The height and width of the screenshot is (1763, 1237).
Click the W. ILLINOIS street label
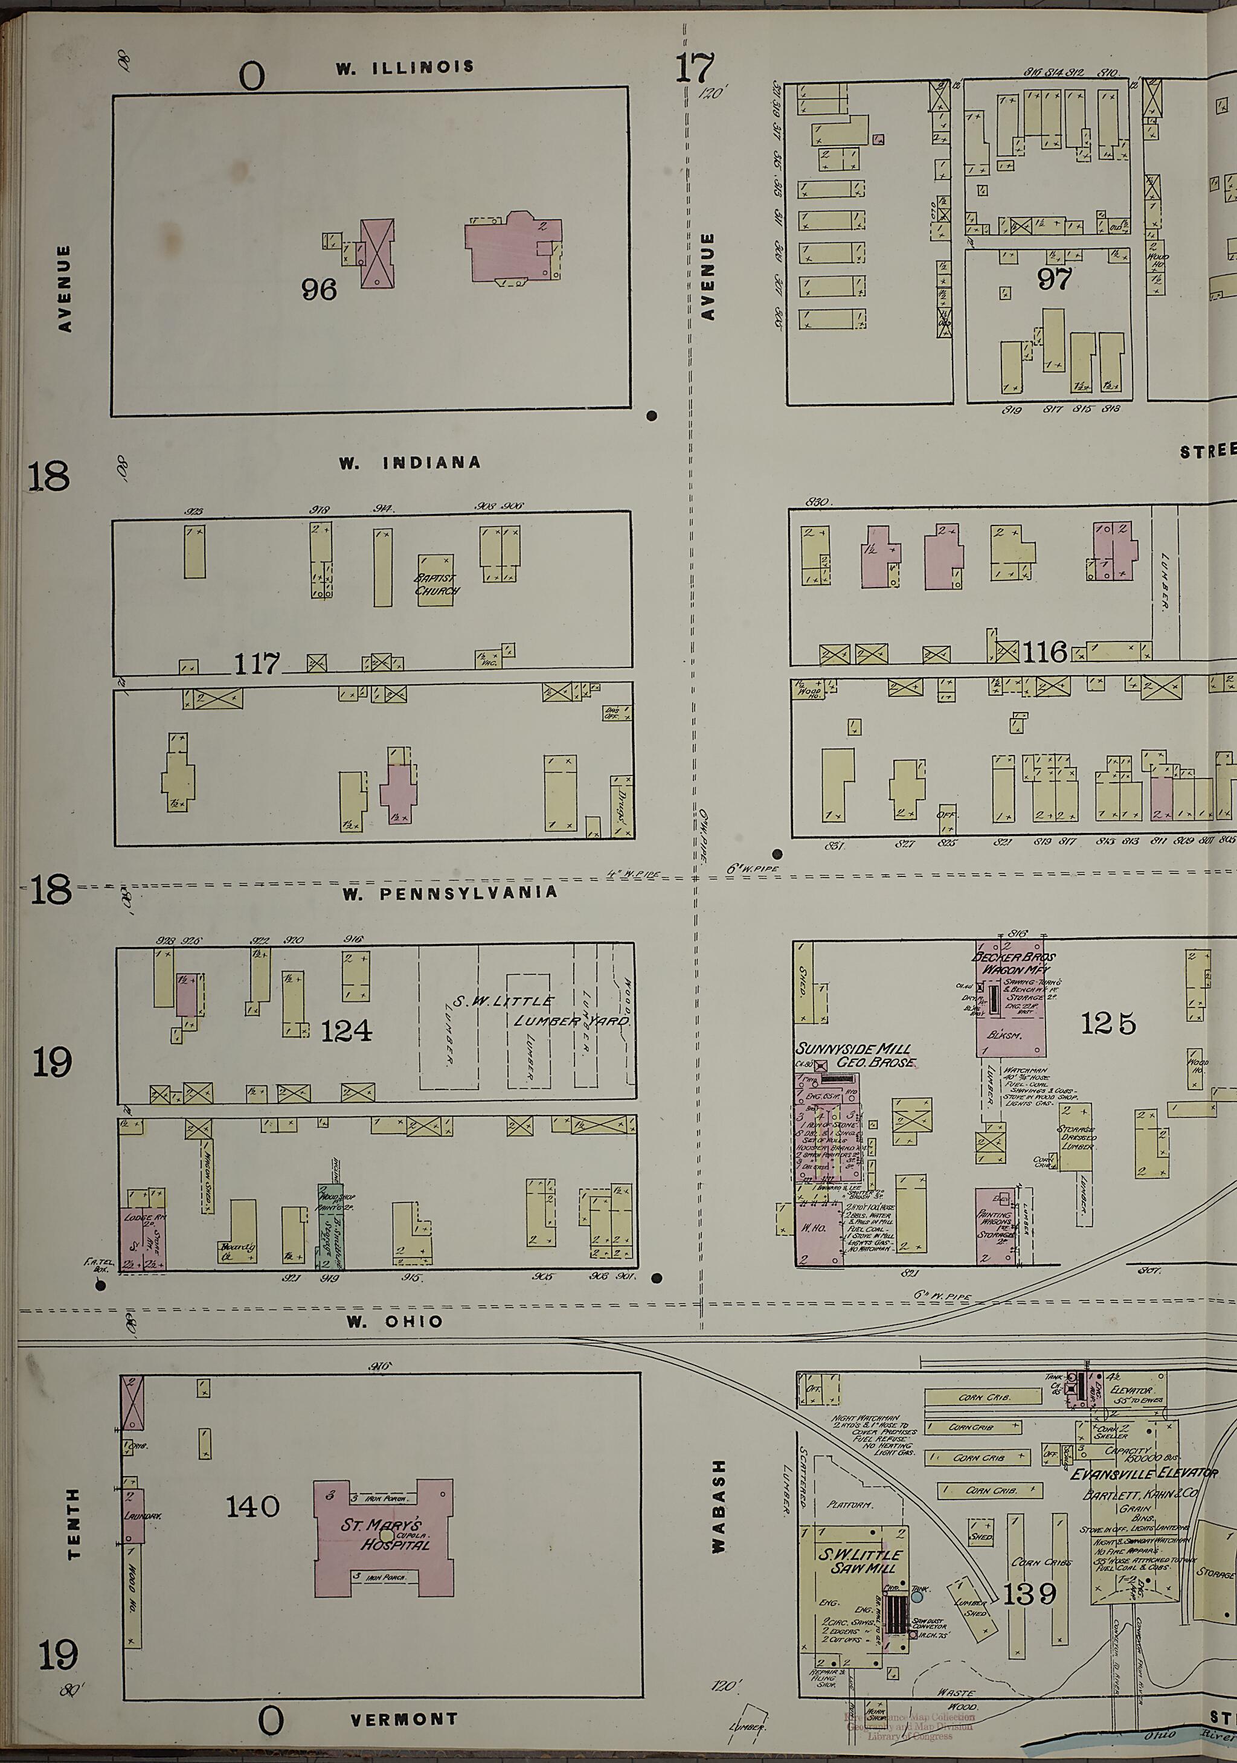pos(405,68)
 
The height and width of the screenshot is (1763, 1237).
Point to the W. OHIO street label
pos(394,1321)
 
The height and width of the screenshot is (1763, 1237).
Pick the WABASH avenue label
pos(718,1506)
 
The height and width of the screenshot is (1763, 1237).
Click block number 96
pos(319,289)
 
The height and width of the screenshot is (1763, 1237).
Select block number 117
pos(257,663)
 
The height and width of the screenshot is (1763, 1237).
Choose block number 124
pos(346,1030)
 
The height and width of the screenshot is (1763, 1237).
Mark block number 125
pos(1107,1023)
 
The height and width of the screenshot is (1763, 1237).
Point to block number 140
pos(252,1506)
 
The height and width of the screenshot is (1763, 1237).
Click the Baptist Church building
pos(436,581)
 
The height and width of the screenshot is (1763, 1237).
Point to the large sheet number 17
pos(694,68)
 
